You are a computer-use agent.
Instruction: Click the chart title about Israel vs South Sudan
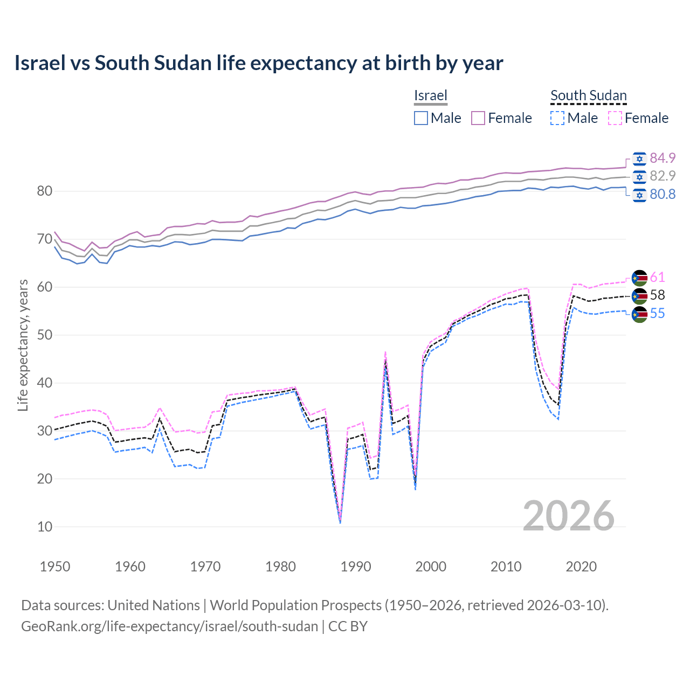click(x=259, y=63)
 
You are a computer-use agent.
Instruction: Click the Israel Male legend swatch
click(x=421, y=118)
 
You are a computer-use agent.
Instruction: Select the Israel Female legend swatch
click(x=478, y=118)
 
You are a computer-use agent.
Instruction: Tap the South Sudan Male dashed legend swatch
click(x=557, y=118)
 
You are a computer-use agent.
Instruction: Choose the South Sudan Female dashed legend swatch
click(x=615, y=118)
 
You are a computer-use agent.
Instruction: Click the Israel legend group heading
click(x=431, y=95)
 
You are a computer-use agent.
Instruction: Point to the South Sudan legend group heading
click(x=588, y=95)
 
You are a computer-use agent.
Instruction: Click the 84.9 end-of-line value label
click(x=663, y=158)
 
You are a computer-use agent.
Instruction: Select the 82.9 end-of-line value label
click(x=663, y=176)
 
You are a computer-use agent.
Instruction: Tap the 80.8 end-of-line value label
click(x=663, y=194)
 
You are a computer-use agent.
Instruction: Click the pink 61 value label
click(x=657, y=277)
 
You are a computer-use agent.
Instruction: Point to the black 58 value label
click(x=657, y=295)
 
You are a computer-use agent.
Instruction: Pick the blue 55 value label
click(x=657, y=313)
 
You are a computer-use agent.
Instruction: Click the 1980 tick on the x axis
click(x=280, y=567)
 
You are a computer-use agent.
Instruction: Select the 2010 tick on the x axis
click(x=506, y=567)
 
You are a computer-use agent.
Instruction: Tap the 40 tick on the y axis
click(x=45, y=383)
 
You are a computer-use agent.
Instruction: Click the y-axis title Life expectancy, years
click(x=23, y=345)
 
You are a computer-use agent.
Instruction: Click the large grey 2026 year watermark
click(x=568, y=516)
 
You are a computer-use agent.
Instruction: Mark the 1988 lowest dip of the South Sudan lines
click(x=340, y=522)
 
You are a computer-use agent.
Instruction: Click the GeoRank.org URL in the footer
click(x=169, y=626)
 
